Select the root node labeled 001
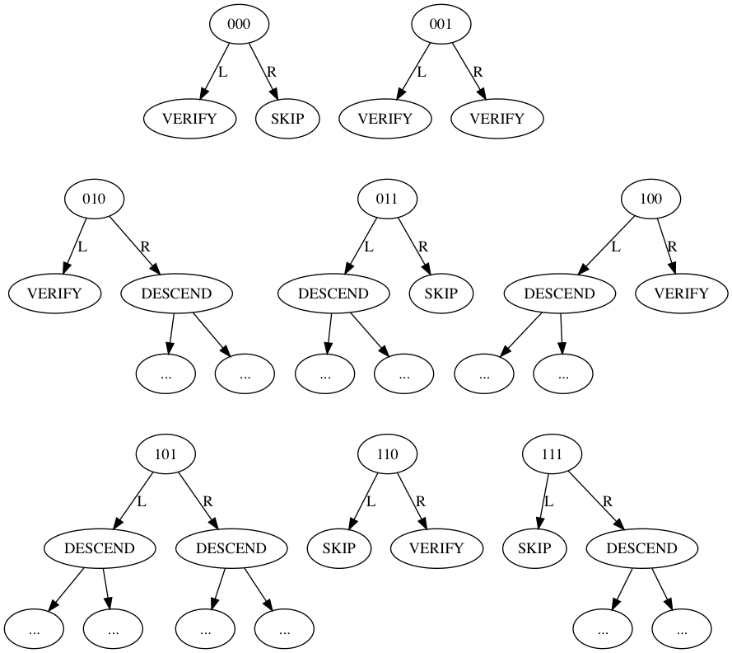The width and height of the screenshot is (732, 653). click(441, 25)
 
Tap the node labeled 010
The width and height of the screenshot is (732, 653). click(95, 199)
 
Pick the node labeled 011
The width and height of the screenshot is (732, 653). click(387, 199)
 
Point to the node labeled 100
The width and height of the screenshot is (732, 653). click(650, 199)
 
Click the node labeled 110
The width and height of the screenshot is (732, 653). click(387, 453)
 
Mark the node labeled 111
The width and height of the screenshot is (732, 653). click(552, 453)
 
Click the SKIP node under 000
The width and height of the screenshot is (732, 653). click(287, 119)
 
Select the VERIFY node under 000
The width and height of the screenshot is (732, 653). click(189, 119)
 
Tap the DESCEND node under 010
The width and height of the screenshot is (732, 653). click(177, 294)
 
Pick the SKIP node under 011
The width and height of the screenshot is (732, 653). click(441, 294)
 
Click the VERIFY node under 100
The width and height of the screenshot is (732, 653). click(681, 294)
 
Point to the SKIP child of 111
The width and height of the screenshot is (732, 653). click(534, 548)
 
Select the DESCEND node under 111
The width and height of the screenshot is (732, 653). click(641, 548)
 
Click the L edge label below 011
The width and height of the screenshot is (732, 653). click(368, 246)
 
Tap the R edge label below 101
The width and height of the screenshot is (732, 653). click(207, 500)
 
